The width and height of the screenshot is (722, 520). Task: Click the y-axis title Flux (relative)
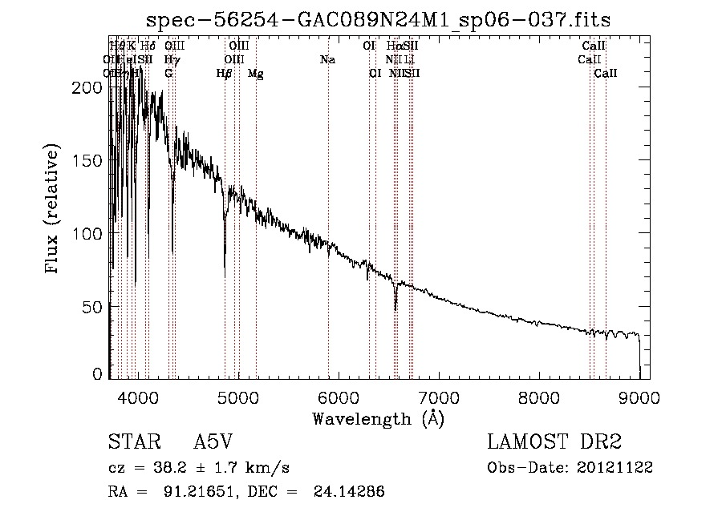coord(54,211)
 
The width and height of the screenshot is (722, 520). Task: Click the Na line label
coord(327,59)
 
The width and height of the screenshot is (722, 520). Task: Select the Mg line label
coord(255,74)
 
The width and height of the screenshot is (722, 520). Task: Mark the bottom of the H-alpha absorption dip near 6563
coord(395,309)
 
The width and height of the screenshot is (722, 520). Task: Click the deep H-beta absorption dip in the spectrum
coord(225,275)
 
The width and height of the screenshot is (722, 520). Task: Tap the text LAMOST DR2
coord(555,443)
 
